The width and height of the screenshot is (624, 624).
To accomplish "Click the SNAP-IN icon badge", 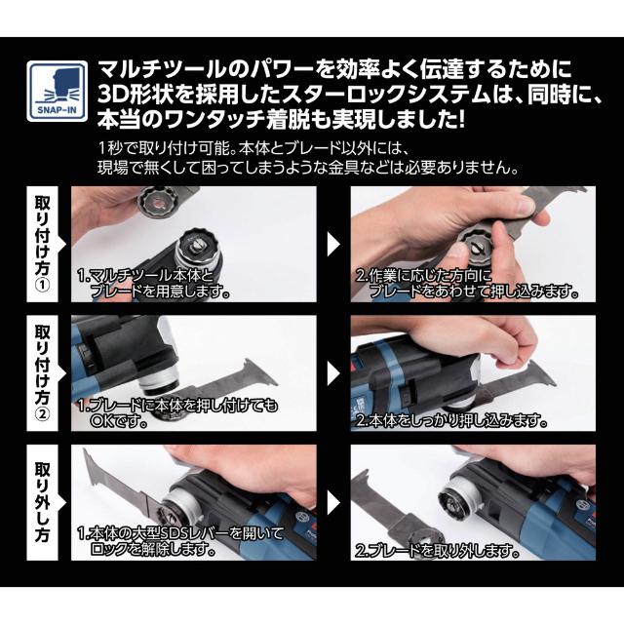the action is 57,91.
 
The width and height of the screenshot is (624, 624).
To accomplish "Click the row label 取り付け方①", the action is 43,244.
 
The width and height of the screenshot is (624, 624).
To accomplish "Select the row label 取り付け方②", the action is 43,373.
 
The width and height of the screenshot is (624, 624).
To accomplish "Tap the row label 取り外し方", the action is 43,503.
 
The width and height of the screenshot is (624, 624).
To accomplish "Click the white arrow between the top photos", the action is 333,244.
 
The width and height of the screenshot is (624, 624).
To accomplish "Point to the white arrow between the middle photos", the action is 333,373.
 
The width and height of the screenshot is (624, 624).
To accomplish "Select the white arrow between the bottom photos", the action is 333,503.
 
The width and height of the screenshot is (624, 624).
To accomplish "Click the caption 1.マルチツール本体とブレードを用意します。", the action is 154,284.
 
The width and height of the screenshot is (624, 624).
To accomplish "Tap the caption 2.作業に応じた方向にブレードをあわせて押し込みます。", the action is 467,284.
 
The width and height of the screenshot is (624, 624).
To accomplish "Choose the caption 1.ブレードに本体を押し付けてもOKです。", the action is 177,413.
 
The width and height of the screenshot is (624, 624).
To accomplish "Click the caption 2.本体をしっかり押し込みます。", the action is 451,420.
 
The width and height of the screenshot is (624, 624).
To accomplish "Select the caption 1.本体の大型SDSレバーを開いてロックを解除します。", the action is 180,542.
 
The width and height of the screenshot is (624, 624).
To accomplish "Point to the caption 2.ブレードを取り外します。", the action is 438,550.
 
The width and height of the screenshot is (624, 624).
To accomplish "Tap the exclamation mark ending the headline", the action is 461,119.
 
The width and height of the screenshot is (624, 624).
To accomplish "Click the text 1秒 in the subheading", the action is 108,149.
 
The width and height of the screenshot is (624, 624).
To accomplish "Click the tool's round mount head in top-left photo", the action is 197,250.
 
